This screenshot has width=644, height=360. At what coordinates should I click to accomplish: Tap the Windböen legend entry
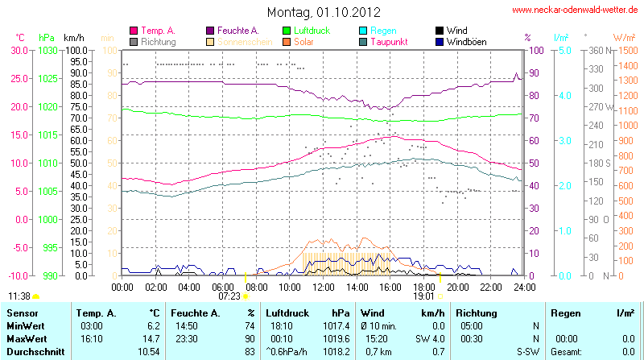click(x=465, y=41)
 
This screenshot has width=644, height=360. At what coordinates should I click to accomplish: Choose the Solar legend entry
click(x=303, y=41)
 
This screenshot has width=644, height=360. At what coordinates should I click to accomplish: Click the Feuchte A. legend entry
click(x=233, y=30)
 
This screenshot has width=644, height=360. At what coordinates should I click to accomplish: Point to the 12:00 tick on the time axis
click(x=323, y=286)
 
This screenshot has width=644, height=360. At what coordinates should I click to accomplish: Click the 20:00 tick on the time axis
click(x=457, y=286)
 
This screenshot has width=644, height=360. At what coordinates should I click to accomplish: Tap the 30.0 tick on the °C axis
click(x=19, y=50)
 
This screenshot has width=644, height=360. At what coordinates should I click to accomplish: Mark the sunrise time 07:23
click(x=229, y=296)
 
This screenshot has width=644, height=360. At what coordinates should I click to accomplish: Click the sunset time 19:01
click(x=424, y=296)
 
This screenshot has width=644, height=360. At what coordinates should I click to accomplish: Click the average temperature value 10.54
click(x=147, y=352)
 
